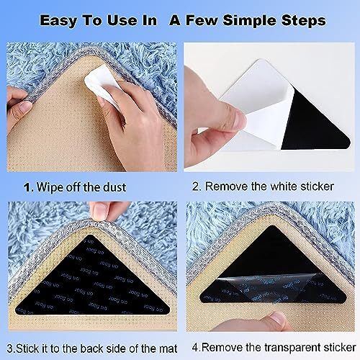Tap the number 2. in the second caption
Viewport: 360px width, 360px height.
(197, 186)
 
